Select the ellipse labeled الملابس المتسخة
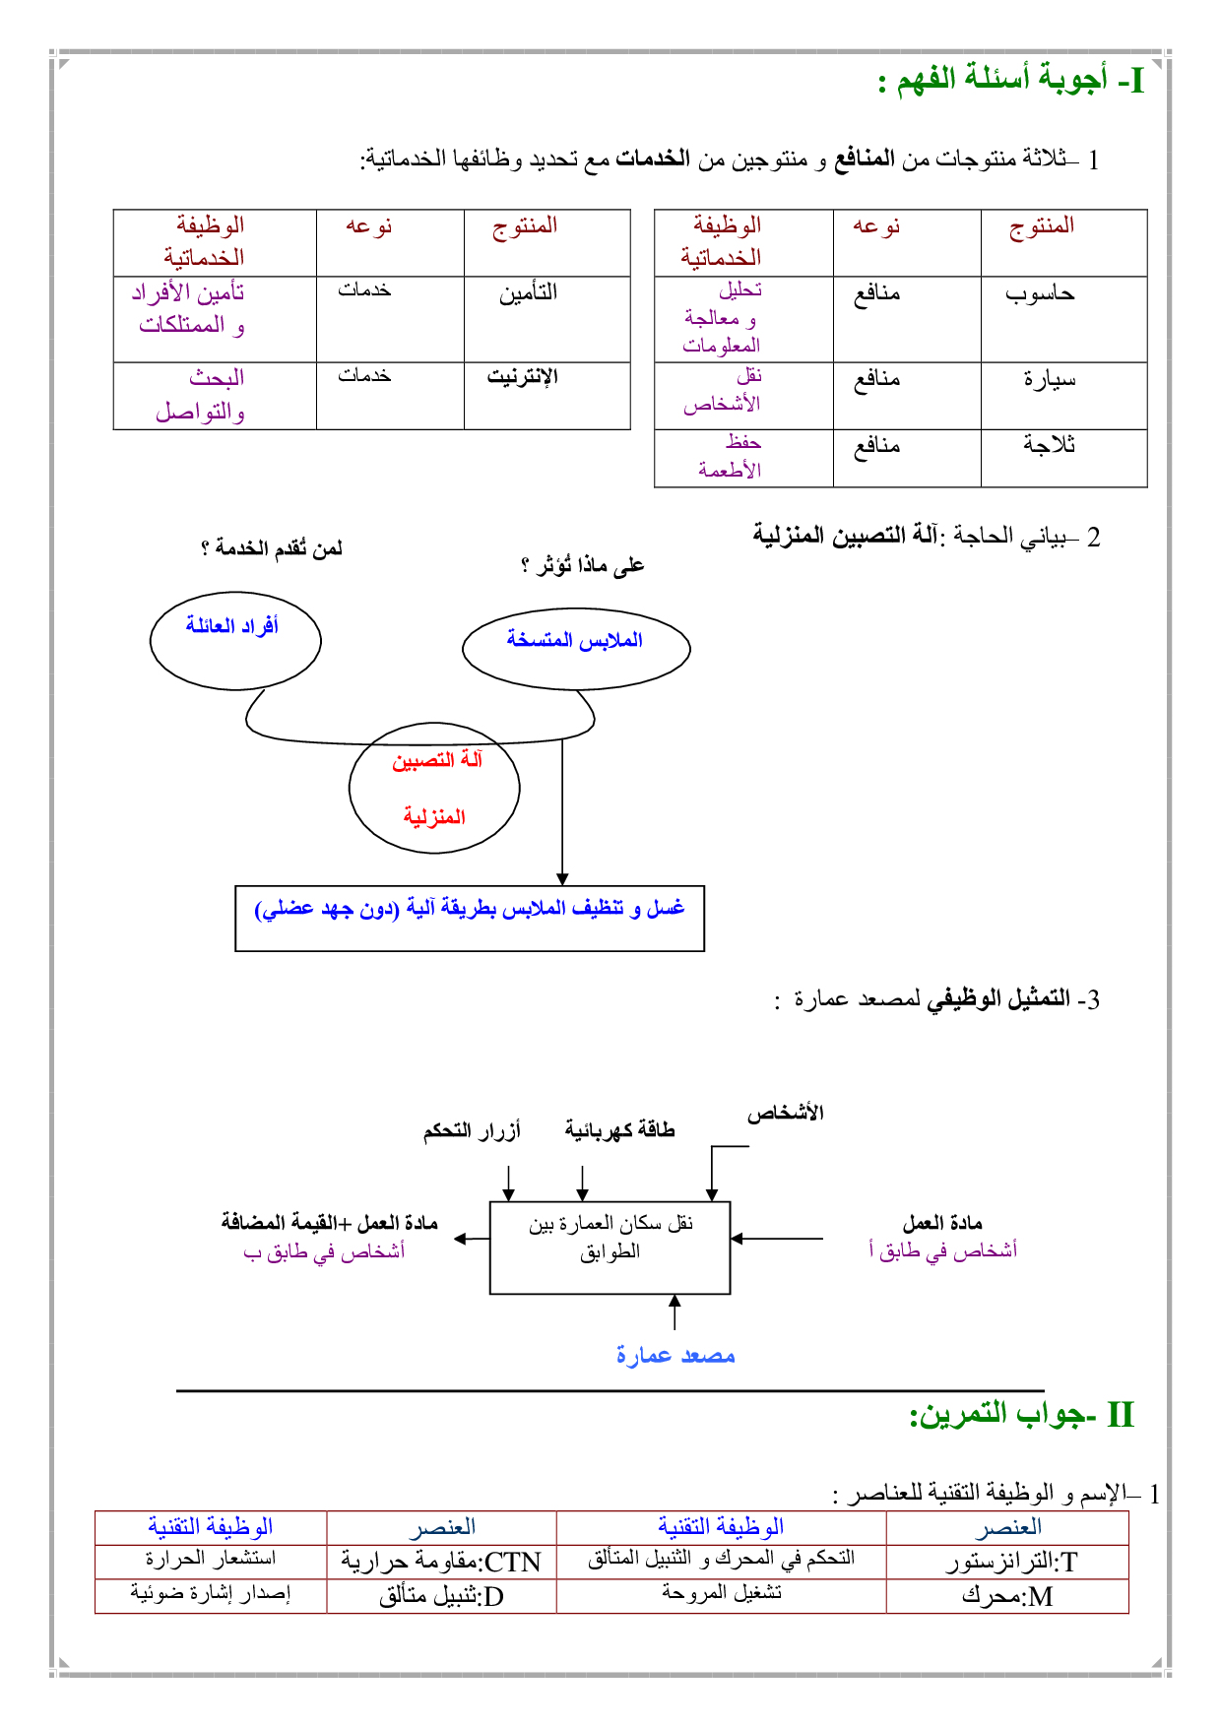click(576, 648)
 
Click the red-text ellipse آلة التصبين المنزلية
click(434, 788)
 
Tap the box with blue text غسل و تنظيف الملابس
click(470, 918)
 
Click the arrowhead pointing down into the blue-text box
click(562, 878)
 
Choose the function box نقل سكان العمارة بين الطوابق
click(610, 1247)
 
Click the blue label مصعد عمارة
click(675, 1356)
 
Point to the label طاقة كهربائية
click(619, 1130)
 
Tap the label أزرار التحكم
click(472, 1131)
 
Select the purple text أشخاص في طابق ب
click(324, 1251)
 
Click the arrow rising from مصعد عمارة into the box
click(675, 1311)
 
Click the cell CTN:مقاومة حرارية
click(441, 1562)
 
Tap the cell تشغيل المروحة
click(721, 1593)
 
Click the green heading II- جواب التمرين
click(1021, 1415)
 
